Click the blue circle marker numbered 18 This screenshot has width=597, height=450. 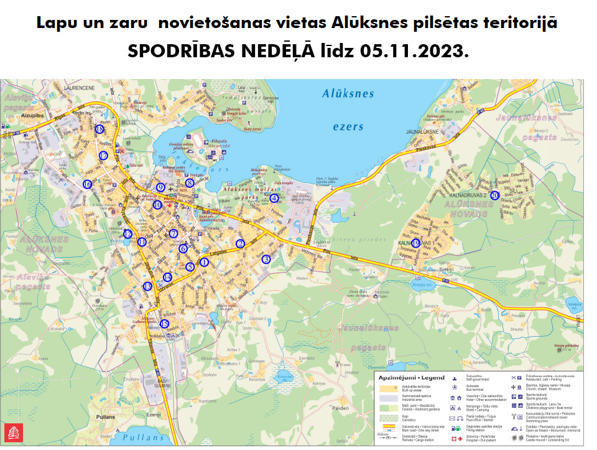point(100,129)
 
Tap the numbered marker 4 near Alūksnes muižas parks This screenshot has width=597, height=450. point(274,199)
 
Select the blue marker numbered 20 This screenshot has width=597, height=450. point(495,195)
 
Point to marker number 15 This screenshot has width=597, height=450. point(164,324)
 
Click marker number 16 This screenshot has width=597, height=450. point(88,184)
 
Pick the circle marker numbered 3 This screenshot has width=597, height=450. point(266,259)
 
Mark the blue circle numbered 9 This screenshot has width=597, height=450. point(160,187)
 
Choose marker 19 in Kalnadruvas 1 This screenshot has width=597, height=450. point(416,243)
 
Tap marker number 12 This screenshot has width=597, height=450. point(127,234)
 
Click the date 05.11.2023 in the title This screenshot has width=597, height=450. point(413,52)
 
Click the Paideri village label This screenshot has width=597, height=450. point(340,408)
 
